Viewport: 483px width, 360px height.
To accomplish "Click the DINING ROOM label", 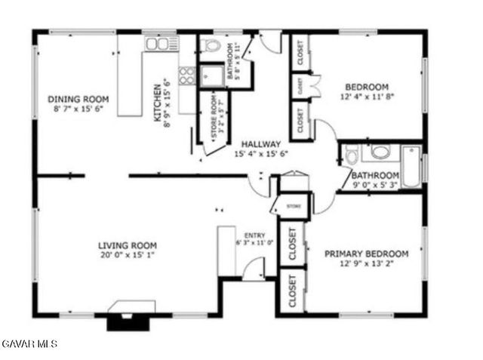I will pos(78,99).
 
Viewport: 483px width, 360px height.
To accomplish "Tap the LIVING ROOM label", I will pos(128,245).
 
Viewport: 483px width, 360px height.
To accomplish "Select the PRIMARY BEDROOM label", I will pos(367,254).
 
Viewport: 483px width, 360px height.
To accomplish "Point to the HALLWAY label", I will pos(261,144).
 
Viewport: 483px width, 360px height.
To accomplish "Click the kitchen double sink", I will pos(158,45).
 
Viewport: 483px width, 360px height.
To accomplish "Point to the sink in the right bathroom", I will pos(380,152).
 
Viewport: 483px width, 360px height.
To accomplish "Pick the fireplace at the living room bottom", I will pos(132,315).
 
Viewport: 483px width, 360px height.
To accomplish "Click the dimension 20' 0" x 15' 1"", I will pos(128,256).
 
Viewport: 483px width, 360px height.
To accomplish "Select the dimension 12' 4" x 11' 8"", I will pos(368,97).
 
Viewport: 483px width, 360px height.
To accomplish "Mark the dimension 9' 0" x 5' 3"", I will pos(374,183).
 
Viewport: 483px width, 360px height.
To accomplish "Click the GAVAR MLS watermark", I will pos(29,344).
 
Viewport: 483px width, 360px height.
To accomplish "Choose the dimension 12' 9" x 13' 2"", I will pos(367,263).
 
